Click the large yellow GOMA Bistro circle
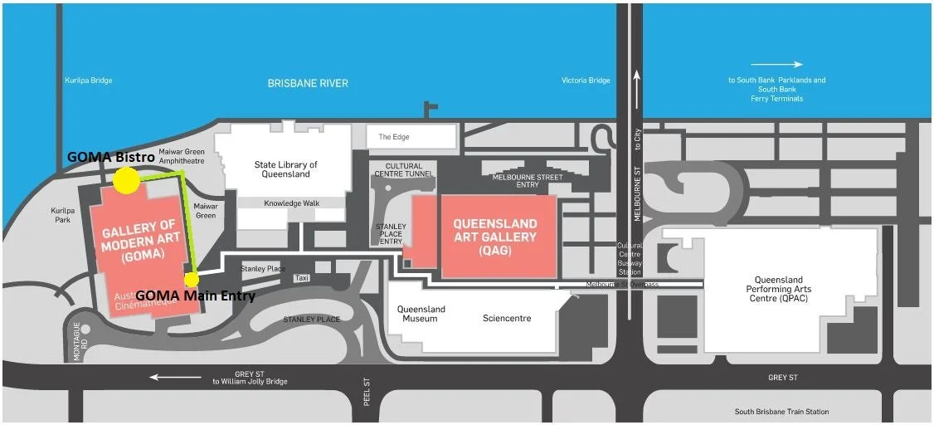coord(126,181)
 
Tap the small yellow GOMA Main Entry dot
coord(192,279)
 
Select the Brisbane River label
coord(308,83)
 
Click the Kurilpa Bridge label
coord(88,81)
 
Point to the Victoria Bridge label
coord(586,81)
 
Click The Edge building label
coord(394,137)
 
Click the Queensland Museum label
coord(421,314)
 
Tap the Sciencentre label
coord(507,318)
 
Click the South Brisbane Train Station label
coord(781,412)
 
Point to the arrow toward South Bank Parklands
coord(776,64)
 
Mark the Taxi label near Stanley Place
coord(301,278)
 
